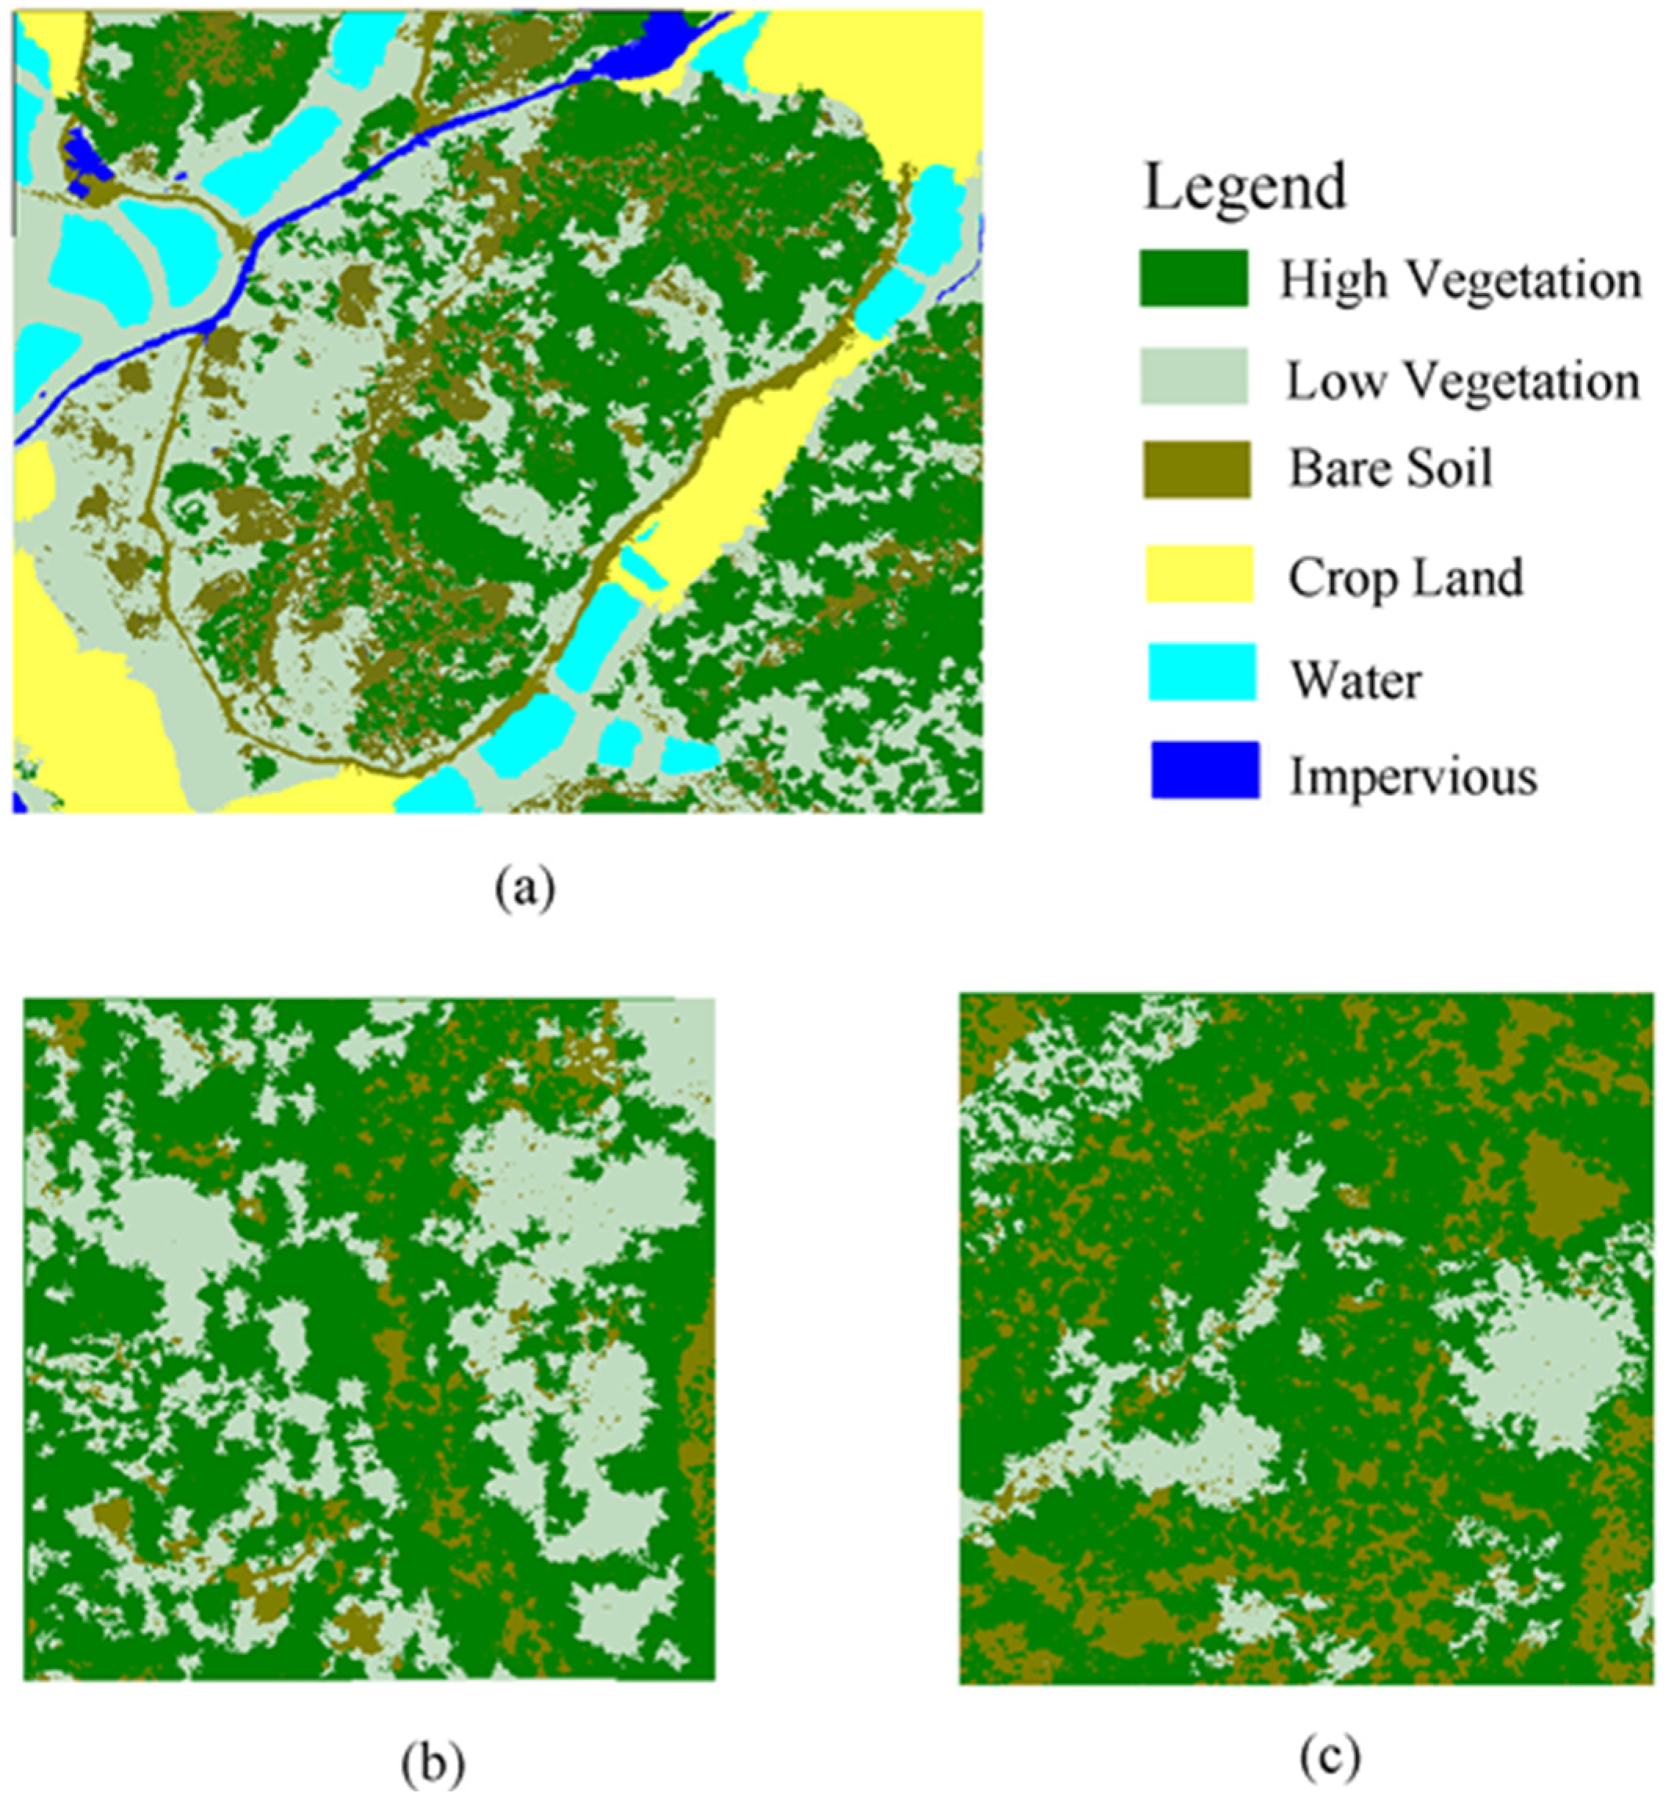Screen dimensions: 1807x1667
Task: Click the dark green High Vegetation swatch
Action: tap(1193, 279)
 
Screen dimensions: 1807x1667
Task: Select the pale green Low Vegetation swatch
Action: tap(1193, 376)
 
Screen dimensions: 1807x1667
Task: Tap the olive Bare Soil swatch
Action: tap(1196, 469)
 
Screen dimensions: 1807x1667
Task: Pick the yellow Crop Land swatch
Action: tap(1199, 574)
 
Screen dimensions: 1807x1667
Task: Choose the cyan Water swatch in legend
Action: tap(1201, 672)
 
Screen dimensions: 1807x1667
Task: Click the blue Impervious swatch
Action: tap(1204, 770)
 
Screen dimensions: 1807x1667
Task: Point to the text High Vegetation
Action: tap(1460, 281)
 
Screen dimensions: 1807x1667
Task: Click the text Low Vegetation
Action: tap(1461, 381)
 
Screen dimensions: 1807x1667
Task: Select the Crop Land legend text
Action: tap(1405, 577)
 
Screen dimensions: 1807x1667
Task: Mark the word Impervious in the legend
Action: tap(1412, 776)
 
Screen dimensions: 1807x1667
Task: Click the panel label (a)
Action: tap(525, 889)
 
